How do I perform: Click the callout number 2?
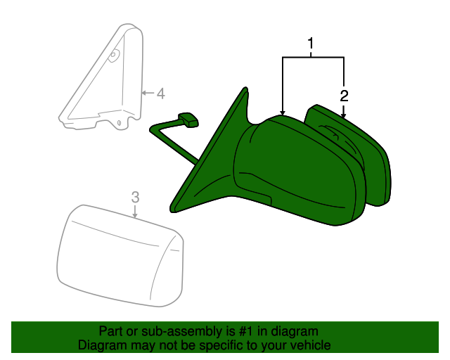coord(344,95)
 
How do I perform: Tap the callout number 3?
coord(136,198)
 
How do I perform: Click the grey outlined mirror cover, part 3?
coord(120,257)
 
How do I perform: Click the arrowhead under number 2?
coord(344,112)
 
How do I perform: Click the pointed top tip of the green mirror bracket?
coord(245,89)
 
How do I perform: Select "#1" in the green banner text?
coord(241,331)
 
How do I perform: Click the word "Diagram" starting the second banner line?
coord(101,345)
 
